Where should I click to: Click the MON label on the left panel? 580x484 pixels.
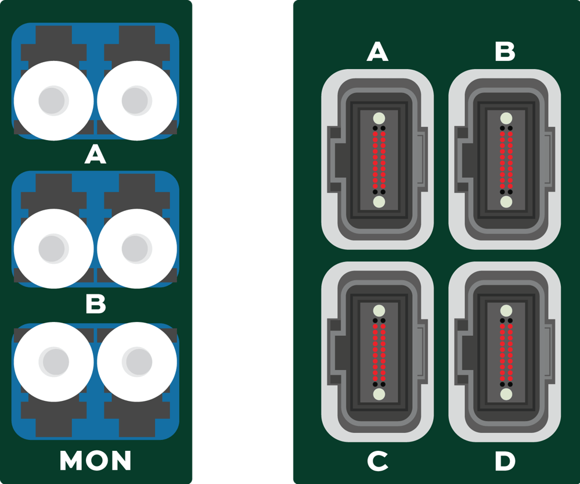(95, 460)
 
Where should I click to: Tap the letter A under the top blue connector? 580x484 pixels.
(95, 155)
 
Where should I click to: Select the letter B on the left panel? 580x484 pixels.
(95, 304)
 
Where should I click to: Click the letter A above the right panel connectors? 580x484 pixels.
(377, 51)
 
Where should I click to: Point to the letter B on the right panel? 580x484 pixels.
(505, 51)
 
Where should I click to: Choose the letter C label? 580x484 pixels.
(377, 461)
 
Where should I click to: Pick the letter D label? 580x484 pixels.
(505, 461)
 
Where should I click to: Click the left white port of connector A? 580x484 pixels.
(53, 101)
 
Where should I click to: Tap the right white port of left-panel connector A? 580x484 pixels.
(137, 101)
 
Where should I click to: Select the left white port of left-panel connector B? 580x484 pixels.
(53, 249)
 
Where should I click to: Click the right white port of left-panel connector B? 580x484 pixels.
(137, 249)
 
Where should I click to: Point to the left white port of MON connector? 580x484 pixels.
(53, 362)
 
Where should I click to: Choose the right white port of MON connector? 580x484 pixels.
(137, 362)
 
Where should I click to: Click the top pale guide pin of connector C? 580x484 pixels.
(379, 311)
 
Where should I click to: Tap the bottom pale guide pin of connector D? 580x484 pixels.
(506, 395)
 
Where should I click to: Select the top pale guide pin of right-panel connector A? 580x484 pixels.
(379, 119)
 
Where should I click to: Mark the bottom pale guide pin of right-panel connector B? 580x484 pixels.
(506, 202)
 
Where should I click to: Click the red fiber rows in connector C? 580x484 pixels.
(379, 353)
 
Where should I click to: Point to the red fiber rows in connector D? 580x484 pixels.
(506, 353)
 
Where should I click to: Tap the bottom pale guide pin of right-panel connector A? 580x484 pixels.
(379, 202)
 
